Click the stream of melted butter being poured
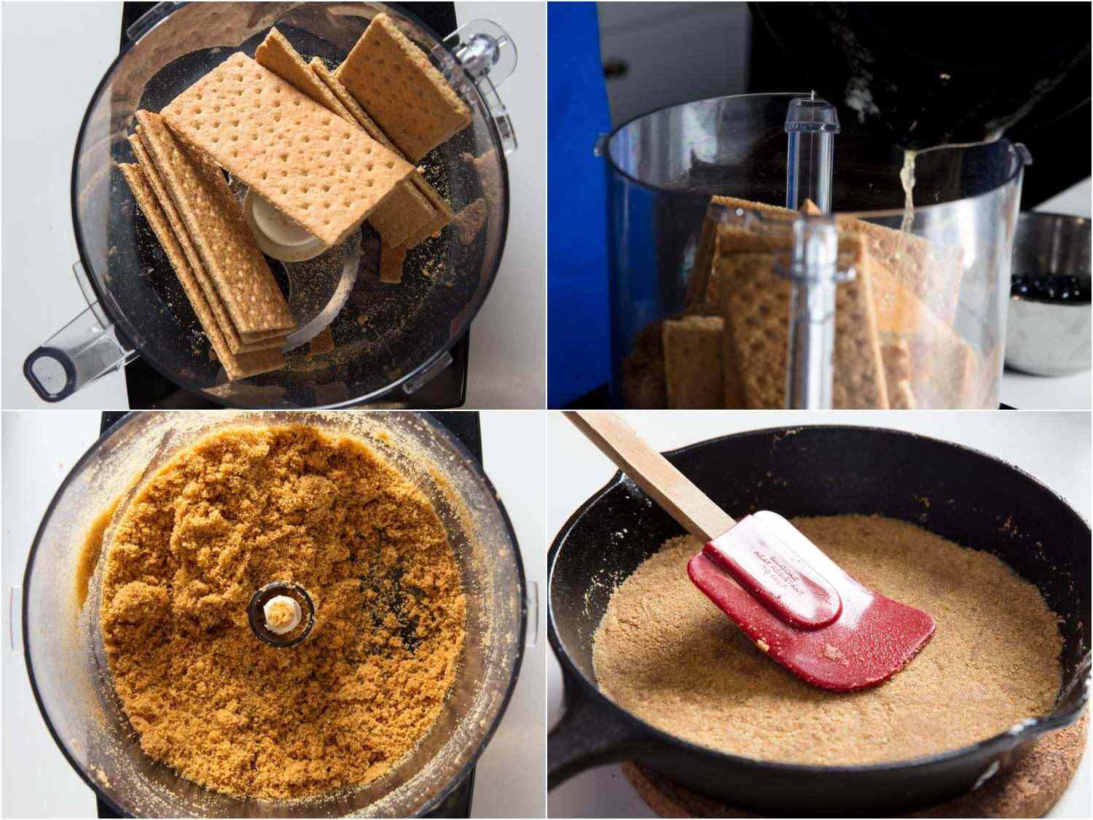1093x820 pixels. point(908,182)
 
